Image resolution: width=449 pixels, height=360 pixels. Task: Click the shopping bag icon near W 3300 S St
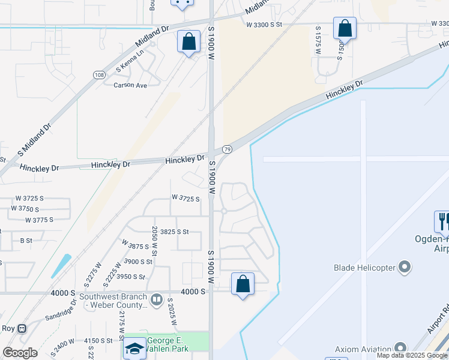point(345,28)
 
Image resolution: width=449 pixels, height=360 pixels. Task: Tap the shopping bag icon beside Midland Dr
point(188,42)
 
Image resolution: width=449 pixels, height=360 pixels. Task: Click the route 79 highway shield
point(227,149)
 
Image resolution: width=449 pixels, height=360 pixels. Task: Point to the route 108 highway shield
point(99,74)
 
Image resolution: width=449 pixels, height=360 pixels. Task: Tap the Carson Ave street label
point(130,86)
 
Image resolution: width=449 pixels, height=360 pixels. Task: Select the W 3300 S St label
point(264,25)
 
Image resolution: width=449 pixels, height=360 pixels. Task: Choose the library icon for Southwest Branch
point(157,298)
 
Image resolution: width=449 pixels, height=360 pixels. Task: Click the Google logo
point(20,353)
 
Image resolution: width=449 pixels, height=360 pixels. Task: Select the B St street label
point(26,241)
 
